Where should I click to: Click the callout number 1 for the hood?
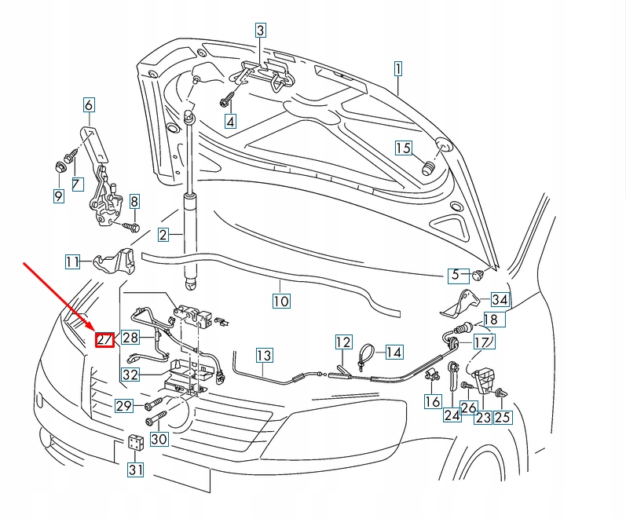tap(397, 68)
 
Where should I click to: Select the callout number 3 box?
tap(261, 31)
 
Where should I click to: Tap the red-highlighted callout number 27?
tap(104, 339)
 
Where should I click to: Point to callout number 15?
tap(403, 148)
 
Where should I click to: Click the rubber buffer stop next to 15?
tap(429, 168)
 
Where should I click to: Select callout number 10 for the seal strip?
tap(281, 301)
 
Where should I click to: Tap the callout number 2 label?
tap(163, 234)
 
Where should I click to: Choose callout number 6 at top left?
tap(88, 105)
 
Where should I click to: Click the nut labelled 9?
tap(59, 166)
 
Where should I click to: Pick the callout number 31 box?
tap(137, 470)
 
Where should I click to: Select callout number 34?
tap(500, 299)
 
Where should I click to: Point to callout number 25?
tap(502, 418)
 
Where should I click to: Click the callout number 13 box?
tap(264, 356)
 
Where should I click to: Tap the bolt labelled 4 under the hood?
tap(226, 101)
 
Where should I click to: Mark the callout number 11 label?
tap(73, 261)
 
